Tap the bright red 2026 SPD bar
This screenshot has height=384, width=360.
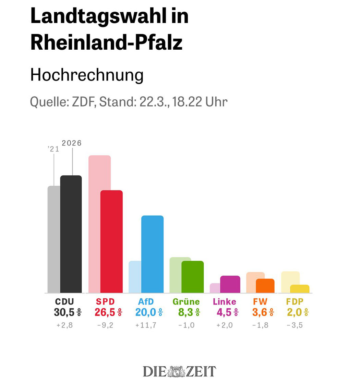pos(111,241)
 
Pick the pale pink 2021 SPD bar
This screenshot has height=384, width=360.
pos(94,223)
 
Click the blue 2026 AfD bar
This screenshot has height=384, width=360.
pos(153,254)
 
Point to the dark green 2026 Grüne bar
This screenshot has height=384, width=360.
pos(193,277)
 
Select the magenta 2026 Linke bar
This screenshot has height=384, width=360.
pos(230,284)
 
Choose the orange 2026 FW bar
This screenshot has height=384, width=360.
pos(265,286)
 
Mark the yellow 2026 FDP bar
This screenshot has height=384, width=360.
pos(300,289)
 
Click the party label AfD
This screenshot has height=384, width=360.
pos(146,302)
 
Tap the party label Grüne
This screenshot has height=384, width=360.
pos(186,302)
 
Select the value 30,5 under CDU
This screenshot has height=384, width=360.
pos(64,312)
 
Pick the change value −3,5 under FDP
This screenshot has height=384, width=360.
pos(295,325)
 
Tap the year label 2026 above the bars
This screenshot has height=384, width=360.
pos(72,143)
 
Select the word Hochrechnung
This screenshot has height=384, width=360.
pos(87,75)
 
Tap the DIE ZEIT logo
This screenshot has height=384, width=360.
pos(180,371)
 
